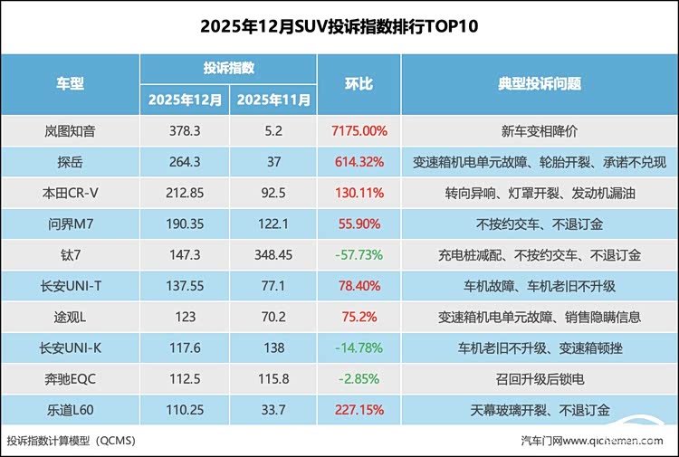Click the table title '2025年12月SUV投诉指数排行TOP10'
coord(339,27)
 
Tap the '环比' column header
coord(359,84)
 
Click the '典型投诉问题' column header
coord(539,84)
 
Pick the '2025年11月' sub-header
coord(274,100)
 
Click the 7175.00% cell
coord(359,131)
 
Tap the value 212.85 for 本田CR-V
coord(185,193)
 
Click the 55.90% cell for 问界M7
coord(359,224)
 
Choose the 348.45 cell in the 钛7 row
coord(274,255)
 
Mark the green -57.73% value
coord(359,255)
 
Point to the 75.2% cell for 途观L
coord(359,317)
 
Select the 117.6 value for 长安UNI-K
coord(185,348)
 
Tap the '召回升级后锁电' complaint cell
coord(539,378)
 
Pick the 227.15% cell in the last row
coord(359,409)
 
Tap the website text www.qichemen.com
coord(625,442)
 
